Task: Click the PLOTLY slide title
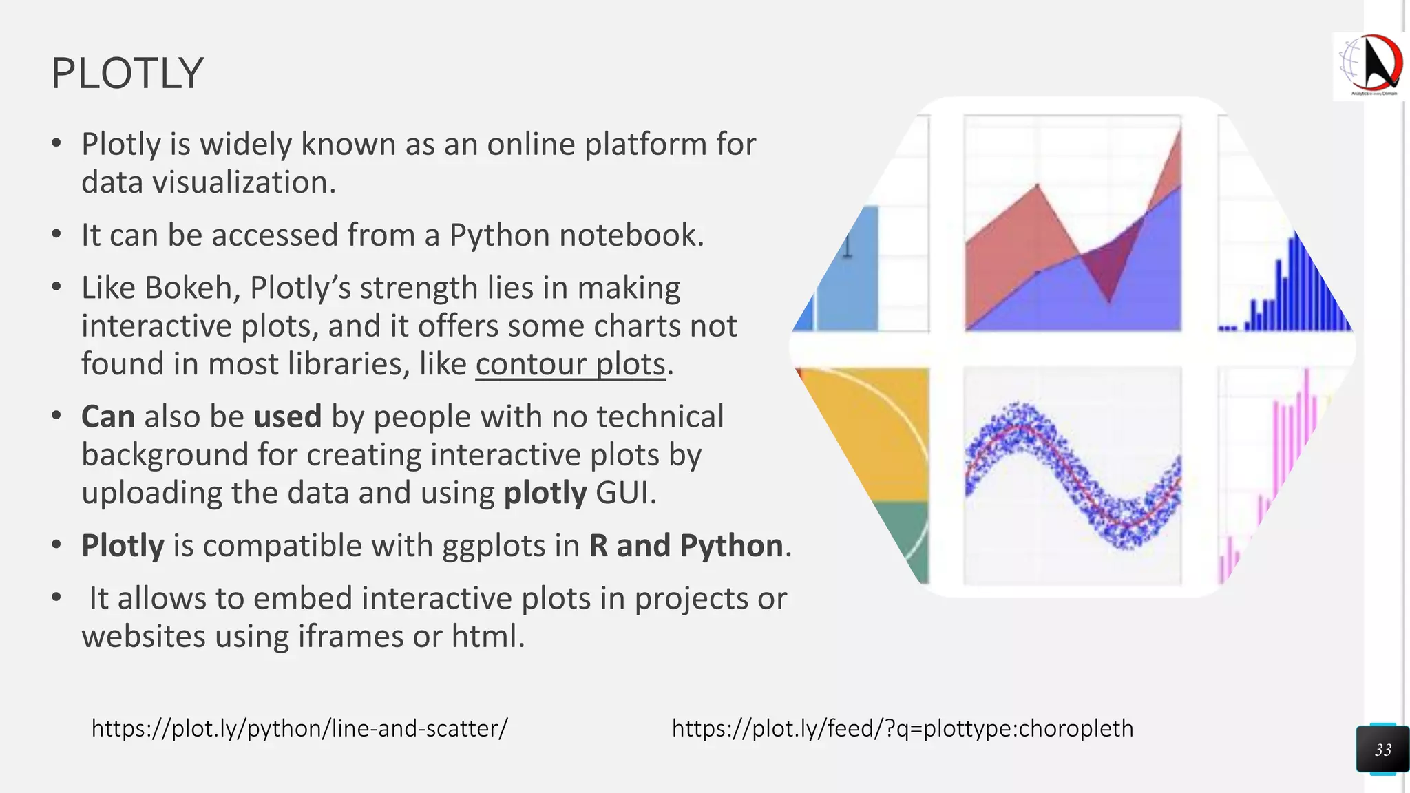click(127, 73)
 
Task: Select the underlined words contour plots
click(570, 364)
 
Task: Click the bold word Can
click(107, 416)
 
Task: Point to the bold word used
click(287, 416)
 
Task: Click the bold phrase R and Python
click(686, 545)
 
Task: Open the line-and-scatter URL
click(299, 728)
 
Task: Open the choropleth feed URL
click(902, 728)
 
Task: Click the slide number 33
click(1382, 750)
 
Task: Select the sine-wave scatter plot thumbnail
click(1073, 475)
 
